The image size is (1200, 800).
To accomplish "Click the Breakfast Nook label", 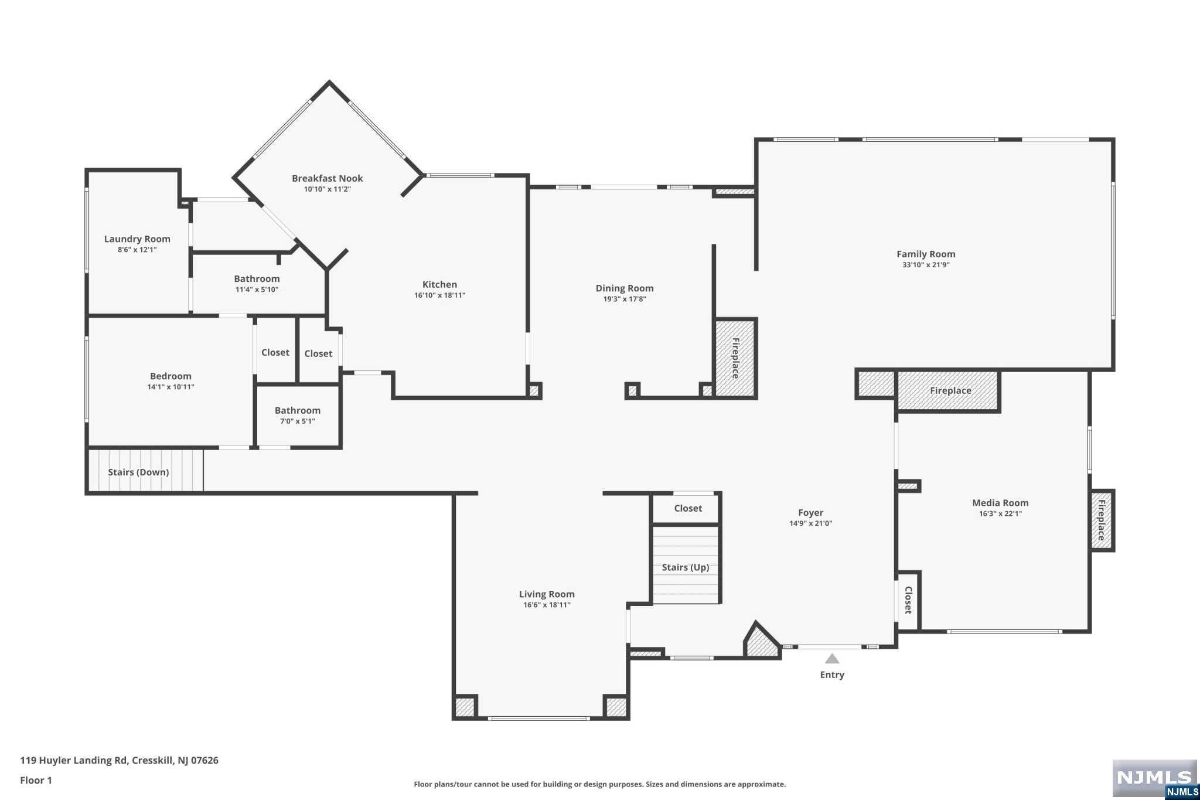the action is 327,178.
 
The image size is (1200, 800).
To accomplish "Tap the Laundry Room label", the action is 137,239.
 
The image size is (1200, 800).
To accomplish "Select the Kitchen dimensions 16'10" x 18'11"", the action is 439,295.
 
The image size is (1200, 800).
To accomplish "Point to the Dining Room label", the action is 625,288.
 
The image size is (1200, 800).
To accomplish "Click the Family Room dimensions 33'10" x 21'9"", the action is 926,265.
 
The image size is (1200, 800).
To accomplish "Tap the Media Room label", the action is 1000,502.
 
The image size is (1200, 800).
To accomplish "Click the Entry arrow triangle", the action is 832,659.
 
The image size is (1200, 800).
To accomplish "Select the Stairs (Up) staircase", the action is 686,565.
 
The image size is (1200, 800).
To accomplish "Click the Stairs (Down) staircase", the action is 145,470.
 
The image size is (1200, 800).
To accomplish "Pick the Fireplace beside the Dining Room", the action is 735,358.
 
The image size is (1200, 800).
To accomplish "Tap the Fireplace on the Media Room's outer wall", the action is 1102,520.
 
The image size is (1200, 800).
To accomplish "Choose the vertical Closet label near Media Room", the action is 908,600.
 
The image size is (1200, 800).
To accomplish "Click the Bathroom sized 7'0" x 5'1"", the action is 298,415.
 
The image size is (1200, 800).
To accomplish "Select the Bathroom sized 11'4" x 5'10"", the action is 257,284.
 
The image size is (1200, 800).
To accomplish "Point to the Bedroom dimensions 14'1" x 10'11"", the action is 171,387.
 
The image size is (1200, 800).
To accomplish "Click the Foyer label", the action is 810,512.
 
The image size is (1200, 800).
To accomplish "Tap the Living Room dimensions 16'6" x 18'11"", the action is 547,605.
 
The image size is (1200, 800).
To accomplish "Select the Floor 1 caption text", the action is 36,780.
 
